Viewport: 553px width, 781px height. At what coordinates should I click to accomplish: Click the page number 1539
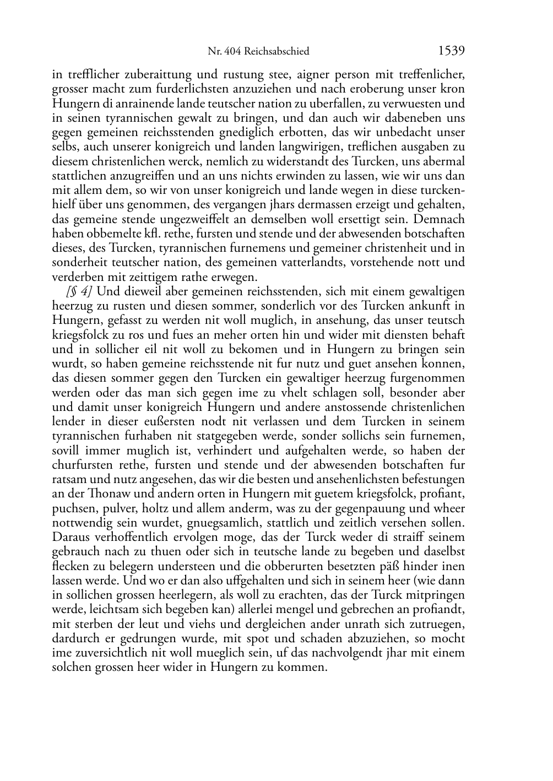click(451, 51)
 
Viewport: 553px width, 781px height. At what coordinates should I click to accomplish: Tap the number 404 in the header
click(233, 52)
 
